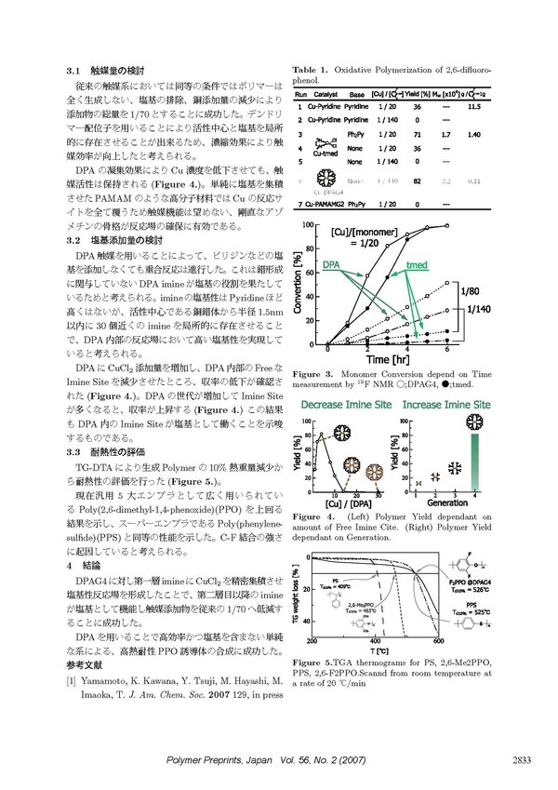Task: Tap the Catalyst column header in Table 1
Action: point(325,95)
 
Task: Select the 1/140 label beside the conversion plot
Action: point(478,309)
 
